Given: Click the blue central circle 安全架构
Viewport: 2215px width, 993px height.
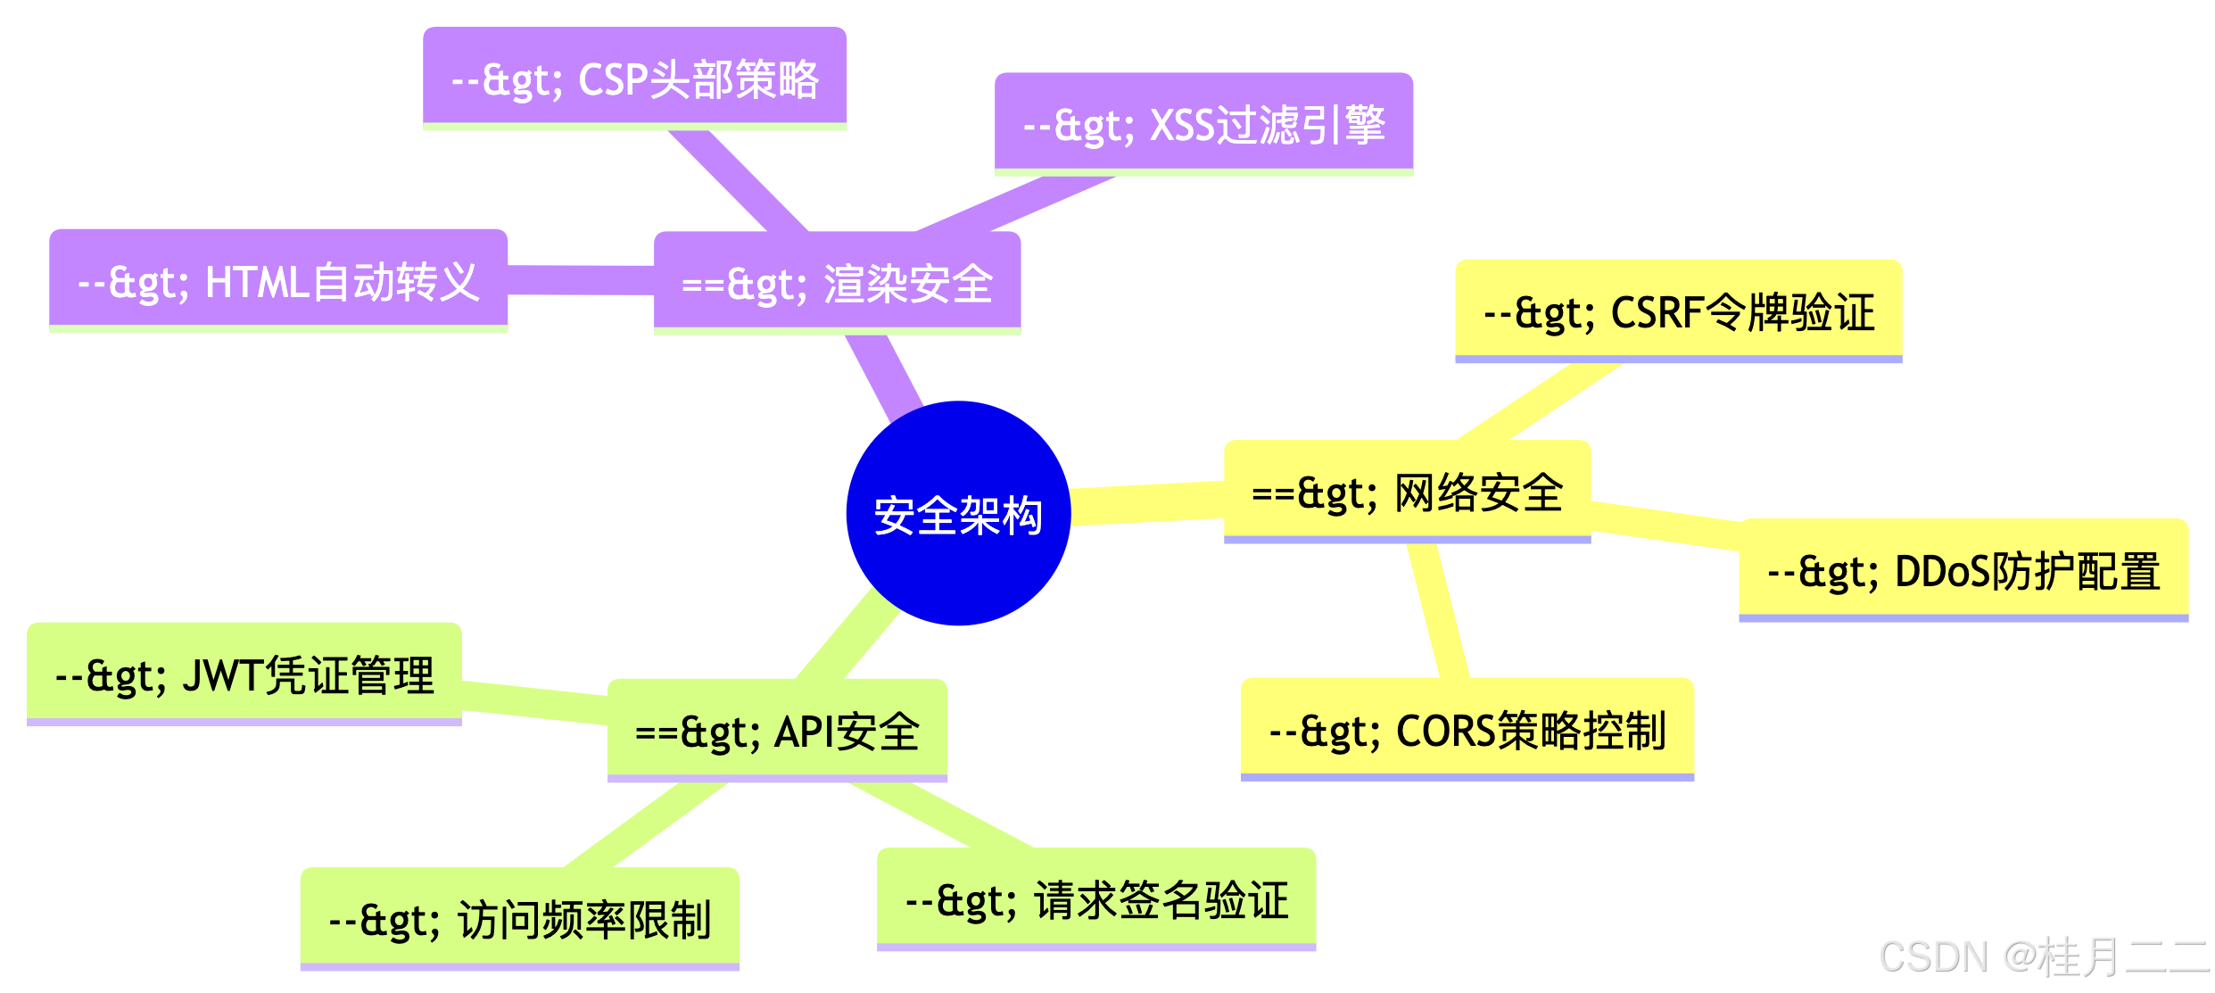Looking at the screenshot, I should tap(958, 513).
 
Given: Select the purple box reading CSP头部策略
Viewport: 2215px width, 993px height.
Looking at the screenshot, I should tap(634, 79).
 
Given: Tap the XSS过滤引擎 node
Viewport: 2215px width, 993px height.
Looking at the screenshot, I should tap(1203, 124).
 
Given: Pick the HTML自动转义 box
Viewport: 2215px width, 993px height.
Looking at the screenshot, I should tap(278, 281).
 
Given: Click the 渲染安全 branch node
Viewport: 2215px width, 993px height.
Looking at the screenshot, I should tap(837, 283).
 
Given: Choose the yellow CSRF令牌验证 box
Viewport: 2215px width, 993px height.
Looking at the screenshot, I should tap(1678, 311).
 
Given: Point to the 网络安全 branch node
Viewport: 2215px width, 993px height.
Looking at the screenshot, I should tap(1407, 492).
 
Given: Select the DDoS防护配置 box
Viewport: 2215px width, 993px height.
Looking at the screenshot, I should tap(1963, 570).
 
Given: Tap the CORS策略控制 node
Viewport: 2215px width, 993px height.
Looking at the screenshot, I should tap(1467, 729).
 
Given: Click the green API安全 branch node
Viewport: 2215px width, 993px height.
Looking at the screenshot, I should tap(777, 731).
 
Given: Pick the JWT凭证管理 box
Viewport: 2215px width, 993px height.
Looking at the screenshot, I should tap(244, 674).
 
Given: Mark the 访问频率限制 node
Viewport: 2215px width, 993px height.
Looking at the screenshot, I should tap(519, 919).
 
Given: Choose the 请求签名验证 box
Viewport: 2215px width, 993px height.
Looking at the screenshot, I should tap(1096, 899).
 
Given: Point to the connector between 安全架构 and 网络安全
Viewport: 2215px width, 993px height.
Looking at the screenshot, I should tap(1146, 504).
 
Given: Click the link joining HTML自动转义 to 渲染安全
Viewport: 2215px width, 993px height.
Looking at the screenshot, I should tap(581, 280).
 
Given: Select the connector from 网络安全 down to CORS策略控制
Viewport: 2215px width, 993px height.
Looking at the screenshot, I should tap(1438, 610).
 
